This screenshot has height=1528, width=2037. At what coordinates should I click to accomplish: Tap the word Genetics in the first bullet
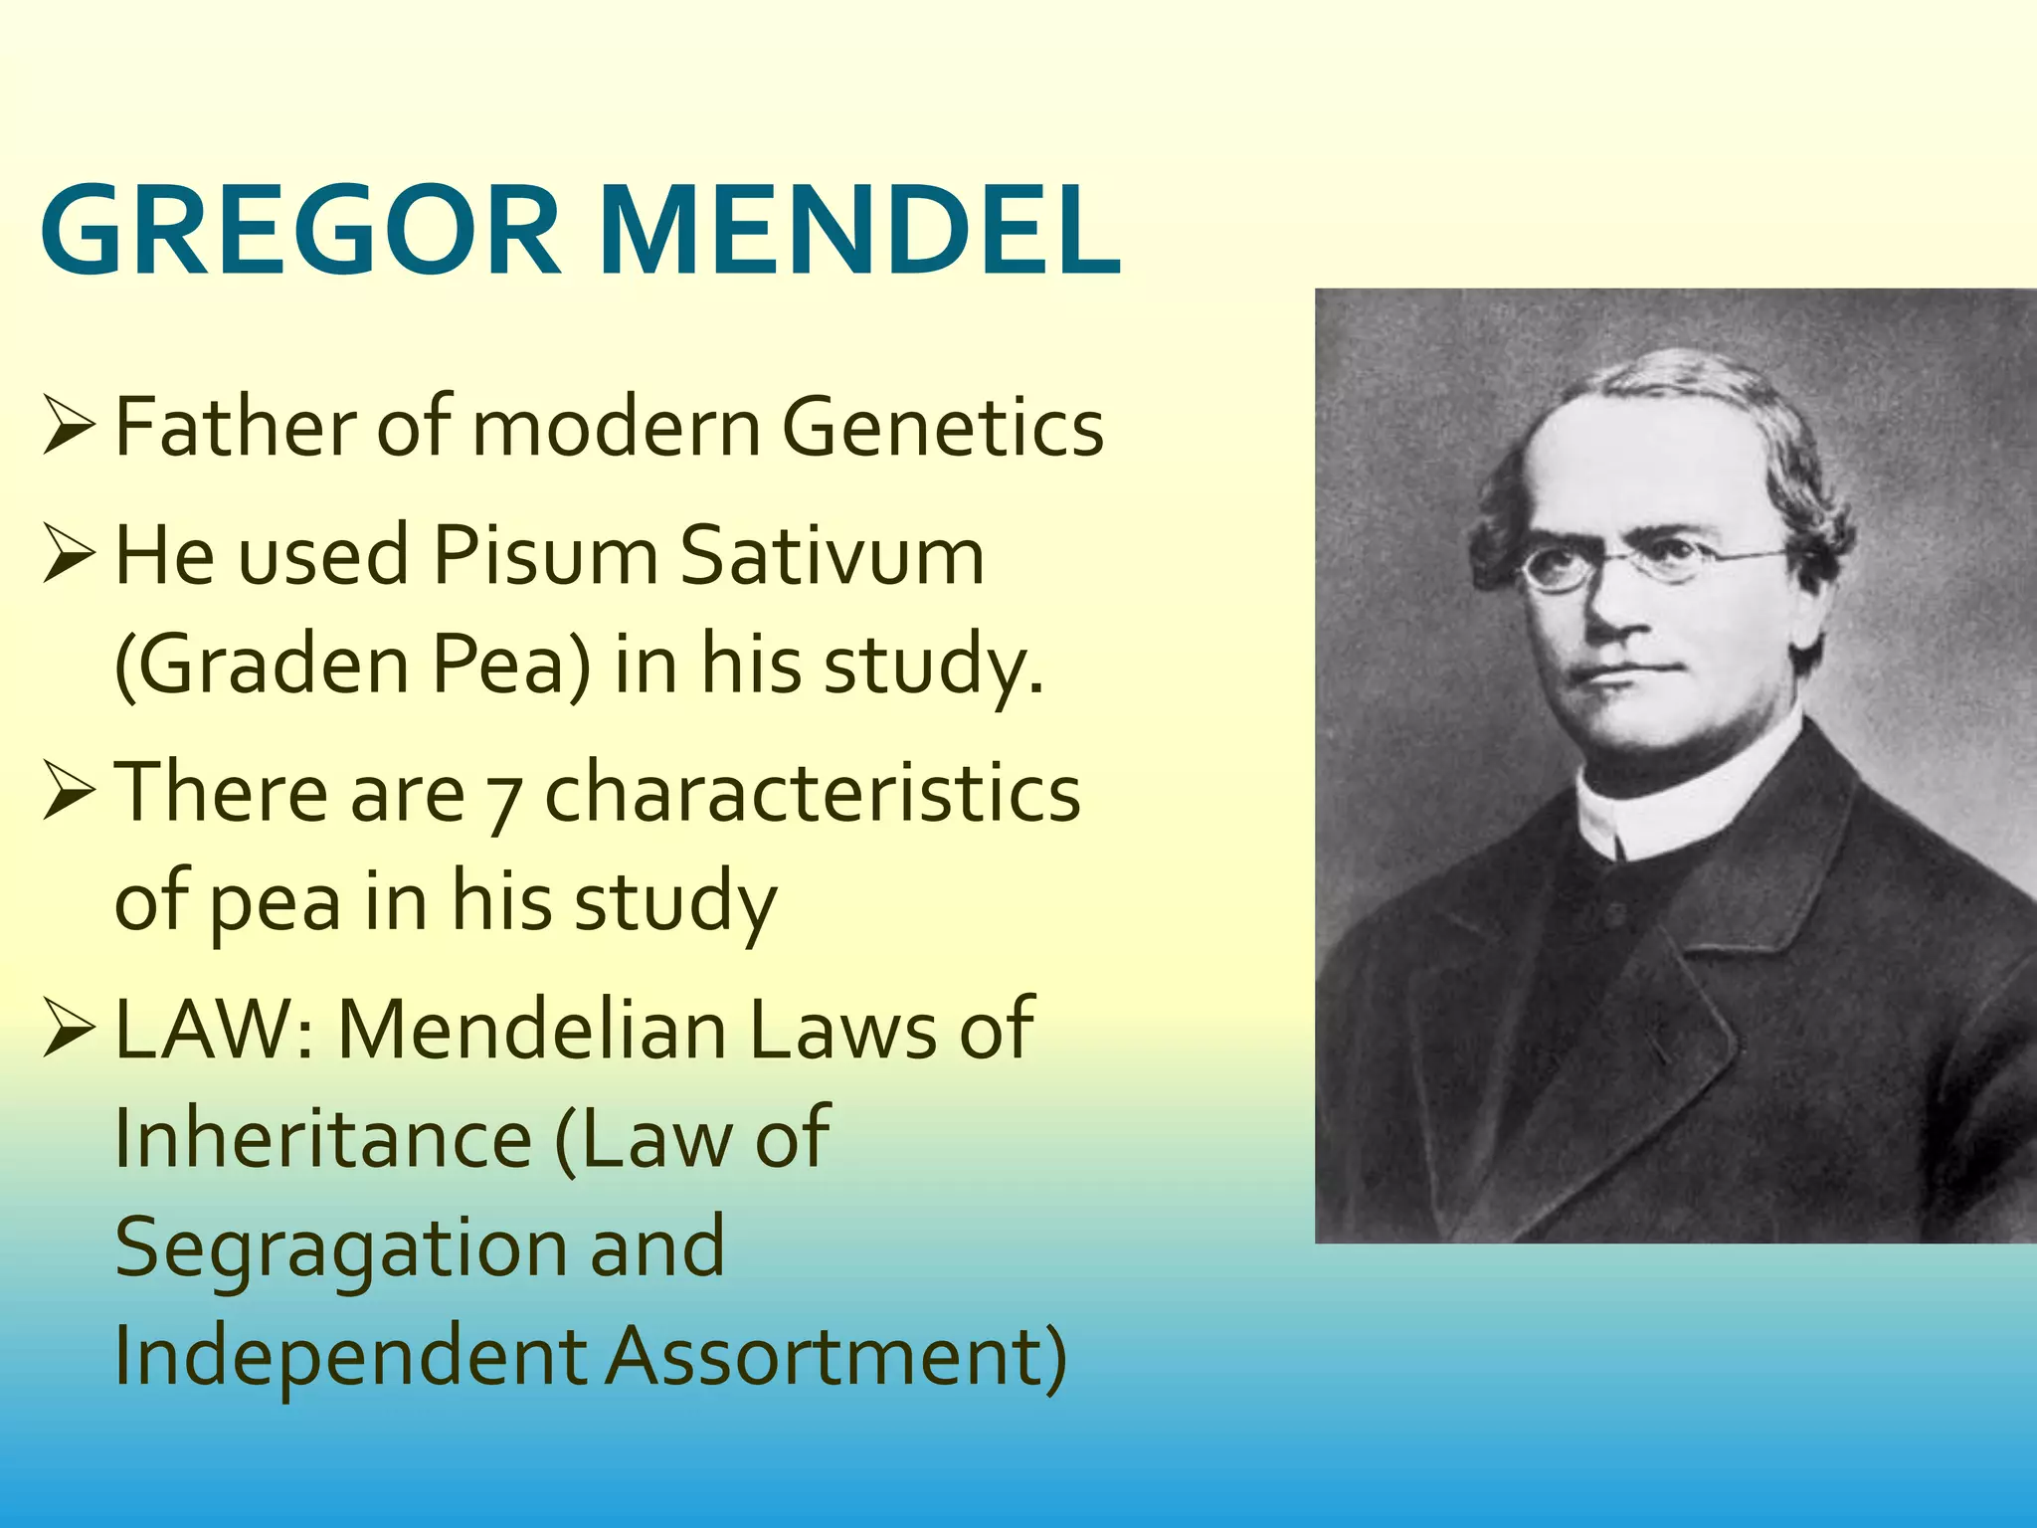(x=942, y=428)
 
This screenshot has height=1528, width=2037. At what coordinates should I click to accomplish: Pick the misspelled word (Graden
(x=262, y=665)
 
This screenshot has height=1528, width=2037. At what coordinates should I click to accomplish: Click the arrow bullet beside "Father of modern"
(x=69, y=428)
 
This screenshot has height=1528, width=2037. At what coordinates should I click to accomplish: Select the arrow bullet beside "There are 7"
(x=69, y=793)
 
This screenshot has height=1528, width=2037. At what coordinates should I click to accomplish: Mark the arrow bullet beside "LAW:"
(x=69, y=1030)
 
